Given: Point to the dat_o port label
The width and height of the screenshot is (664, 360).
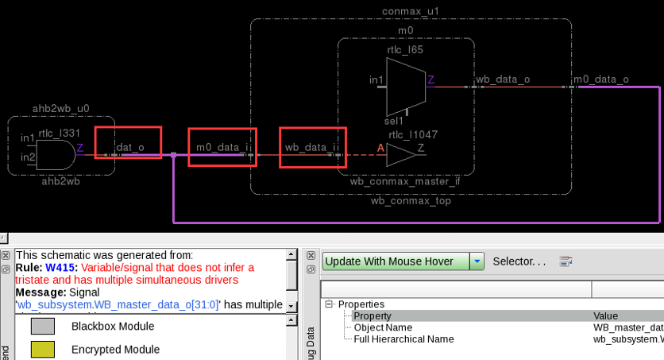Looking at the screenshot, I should coord(129,147).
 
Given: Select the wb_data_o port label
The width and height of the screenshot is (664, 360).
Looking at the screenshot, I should coord(502,79).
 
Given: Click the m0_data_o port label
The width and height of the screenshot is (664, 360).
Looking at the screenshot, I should coord(600,79).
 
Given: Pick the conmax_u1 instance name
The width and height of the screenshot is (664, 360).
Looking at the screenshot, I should coord(411,11).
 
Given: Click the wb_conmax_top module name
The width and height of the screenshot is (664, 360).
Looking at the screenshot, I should coord(411,200).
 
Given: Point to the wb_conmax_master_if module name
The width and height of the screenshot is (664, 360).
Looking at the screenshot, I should coord(405,181).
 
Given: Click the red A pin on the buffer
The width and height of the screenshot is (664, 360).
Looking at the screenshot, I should coord(380,148).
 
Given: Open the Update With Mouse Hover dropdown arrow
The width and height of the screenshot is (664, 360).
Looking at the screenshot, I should coord(477,261).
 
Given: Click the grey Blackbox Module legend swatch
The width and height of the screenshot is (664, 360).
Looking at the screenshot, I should coord(43,326).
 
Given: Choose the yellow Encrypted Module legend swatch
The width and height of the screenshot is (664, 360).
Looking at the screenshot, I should coord(43,349).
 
